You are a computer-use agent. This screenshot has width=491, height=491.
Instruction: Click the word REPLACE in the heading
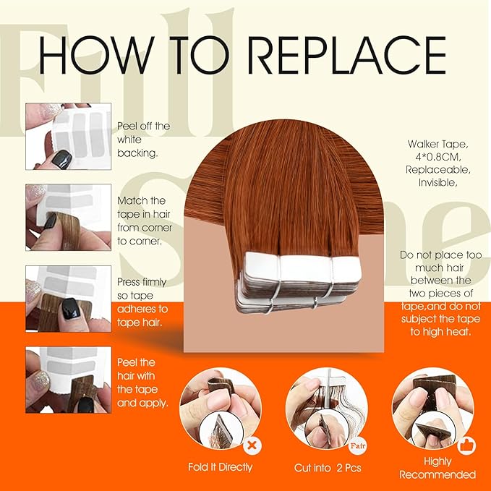tap(347, 55)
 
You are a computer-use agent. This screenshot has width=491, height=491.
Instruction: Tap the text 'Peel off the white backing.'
tap(143, 140)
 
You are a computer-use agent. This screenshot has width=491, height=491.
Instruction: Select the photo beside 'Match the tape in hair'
tap(68, 218)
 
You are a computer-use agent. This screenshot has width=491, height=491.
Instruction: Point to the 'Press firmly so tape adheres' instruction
tap(142, 302)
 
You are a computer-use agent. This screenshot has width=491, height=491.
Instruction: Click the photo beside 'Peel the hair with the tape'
tap(68, 380)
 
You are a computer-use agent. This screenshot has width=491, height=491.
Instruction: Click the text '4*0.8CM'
tap(437, 157)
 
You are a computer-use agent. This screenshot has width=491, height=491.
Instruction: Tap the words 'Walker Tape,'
tap(437, 144)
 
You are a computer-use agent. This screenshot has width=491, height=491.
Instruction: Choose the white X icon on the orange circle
tap(252, 445)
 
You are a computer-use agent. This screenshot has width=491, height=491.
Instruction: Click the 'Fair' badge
tap(358, 445)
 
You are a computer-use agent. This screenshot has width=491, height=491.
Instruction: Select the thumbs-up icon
tap(466, 445)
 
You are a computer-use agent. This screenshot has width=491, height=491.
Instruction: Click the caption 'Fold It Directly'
tap(220, 467)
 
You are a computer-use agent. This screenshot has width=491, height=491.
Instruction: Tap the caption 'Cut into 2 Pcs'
tap(328, 468)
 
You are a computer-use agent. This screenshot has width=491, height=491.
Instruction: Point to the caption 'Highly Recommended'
tap(437, 468)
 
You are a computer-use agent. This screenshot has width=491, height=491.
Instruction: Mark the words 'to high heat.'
tap(440, 332)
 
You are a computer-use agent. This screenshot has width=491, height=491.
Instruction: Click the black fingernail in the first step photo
tap(61, 159)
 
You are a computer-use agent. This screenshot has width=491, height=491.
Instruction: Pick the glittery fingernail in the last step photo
tap(42, 381)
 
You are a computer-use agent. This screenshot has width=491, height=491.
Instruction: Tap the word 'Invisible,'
tap(437, 182)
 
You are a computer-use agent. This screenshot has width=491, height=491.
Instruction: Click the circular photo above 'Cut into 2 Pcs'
tap(326, 409)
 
